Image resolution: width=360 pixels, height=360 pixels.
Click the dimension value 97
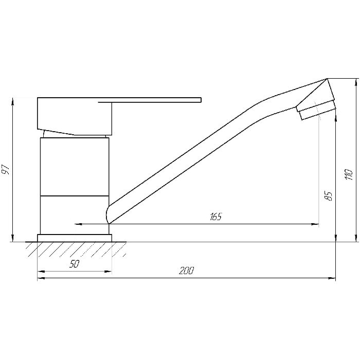tap(6, 169)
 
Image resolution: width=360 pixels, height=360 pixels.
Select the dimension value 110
tap(349, 175)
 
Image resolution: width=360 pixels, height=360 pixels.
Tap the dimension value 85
tap(329, 196)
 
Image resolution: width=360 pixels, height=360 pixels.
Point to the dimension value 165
tap(216, 217)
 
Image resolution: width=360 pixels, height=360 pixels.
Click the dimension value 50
tap(74, 264)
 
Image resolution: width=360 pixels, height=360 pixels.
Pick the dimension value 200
tap(186, 271)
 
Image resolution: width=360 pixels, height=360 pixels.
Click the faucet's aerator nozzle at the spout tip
tap(316, 110)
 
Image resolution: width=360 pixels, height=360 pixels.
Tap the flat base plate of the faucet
tap(75, 238)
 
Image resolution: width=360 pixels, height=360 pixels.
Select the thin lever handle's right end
tap(201, 100)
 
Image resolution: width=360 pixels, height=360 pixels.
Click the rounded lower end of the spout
tap(107, 214)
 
